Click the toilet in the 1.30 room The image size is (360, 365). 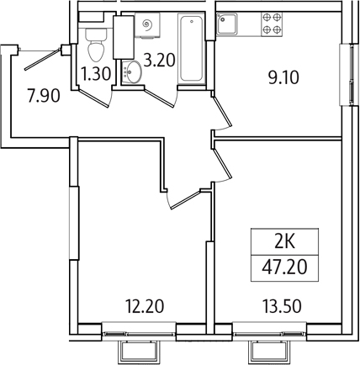click(96, 45)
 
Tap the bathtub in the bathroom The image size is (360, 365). click(192, 49)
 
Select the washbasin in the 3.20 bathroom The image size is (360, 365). click(132, 72)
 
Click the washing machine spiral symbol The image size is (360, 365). click(148, 24)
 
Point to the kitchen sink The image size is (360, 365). click(227, 24)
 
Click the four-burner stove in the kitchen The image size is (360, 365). click(272, 24)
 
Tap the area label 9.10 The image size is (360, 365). click(283, 77)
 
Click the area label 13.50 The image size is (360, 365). click(282, 306)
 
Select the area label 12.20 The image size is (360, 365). click(144, 306)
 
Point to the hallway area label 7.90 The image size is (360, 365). click(44, 95)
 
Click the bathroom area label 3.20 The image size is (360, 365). click(159, 60)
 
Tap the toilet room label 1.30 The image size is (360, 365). click(96, 74)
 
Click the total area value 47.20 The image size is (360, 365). click(284, 267)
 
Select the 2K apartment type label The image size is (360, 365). click(284, 242)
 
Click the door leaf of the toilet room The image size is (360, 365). click(93, 98)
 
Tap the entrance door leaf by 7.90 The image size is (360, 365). click(43, 59)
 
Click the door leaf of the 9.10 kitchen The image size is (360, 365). click(221, 111)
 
